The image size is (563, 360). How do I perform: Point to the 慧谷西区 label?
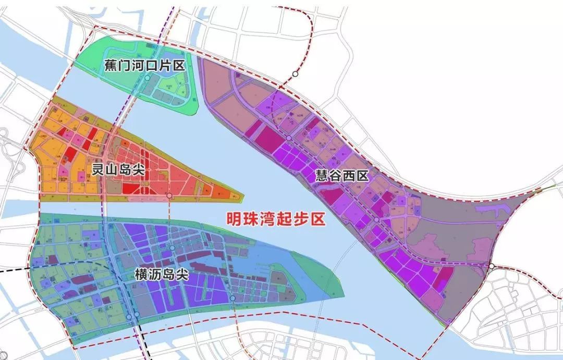coord(341,176)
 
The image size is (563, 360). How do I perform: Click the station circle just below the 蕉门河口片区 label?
coord(148,78)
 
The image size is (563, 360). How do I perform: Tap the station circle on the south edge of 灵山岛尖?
coord(169,196)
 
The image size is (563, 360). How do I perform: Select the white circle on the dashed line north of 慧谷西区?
coord(295,74)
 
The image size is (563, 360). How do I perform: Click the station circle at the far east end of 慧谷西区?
coord(492,266)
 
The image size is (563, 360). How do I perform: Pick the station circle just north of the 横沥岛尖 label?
coord(172,248)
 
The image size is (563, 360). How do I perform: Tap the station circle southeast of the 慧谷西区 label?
coord(376,220)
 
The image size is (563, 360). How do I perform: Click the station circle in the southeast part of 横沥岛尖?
coord(232,298)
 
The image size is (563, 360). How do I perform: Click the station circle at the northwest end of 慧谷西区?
coord(288,138)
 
